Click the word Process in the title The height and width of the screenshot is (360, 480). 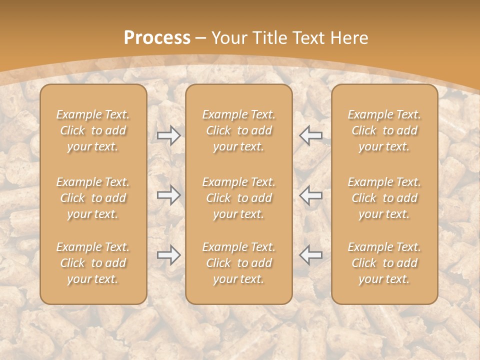pyautogui.click(x=157, y=38)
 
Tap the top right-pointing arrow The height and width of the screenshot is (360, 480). pyautogui.click(x=168, y=135)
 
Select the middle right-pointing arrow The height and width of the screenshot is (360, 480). pyautogui.click(x=168, y=194)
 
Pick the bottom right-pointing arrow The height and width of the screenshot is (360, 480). pyautogui.click(x=168, y=254)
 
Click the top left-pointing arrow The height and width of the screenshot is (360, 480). pyautogui.click(x=311, y=135)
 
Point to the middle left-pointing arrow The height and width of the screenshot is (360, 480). pyautogui.click(x=311, y=194)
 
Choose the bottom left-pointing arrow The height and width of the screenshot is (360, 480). pyautogui.click(x=311, y=254)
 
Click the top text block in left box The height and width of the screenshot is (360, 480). pyautogui.click(x=93, y=130)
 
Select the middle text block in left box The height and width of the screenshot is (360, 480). pyautogui.click(x=93, y=198)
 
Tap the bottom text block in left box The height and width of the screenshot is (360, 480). pyautogui.click(x=93, y=263)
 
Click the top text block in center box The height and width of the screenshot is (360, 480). pyautogui.click(x=239, y=130)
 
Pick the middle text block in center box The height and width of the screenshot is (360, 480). pyautogui.click(x=239, y=198)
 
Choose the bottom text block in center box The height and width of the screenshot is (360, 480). pyautogui.click(x=239, y=263)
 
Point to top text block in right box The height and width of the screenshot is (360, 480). pyautogui.click(x=384, y=130)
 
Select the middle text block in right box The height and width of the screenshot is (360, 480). pyautogui.click(x=384, y=198)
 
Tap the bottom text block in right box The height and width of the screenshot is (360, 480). pyautogui.click(x=384, y=263)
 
